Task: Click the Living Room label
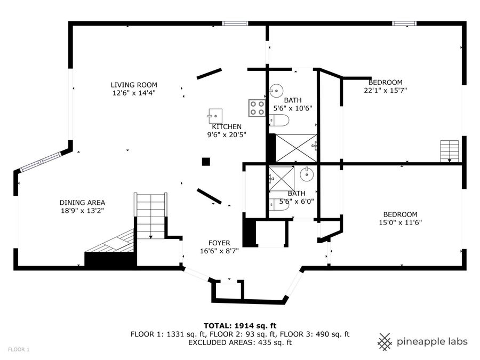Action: [134, 85]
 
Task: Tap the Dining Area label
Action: [82, 203]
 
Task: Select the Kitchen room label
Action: [227, 127]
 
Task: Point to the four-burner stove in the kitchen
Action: [257, 108]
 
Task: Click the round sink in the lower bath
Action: [306, 174]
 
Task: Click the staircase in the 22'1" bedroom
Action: [450, 150]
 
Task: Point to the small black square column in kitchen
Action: [206, 162]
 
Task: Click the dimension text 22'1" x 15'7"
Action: [385, 91]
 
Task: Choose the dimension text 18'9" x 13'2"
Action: [82, 211]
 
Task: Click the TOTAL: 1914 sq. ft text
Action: [239, 325]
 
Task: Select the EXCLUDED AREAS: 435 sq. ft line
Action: [239, 342]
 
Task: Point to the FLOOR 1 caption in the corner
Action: [19, 349]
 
